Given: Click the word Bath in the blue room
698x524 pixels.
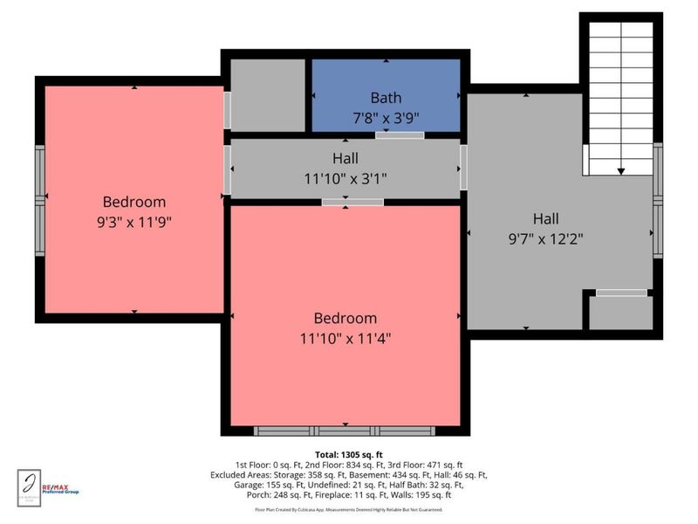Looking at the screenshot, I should point(386,98).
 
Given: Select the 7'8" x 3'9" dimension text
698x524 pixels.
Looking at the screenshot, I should point(386,116).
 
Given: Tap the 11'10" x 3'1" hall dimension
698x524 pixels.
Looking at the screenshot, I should point(345,178).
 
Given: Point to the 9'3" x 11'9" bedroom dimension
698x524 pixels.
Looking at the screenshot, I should point(133,222).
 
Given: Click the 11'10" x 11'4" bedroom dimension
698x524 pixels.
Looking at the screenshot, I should point(345,337).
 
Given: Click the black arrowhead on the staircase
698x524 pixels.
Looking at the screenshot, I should point(621,171).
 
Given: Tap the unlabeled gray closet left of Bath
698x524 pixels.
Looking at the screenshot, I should point(267,95).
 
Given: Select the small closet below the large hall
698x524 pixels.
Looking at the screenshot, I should point(620,313).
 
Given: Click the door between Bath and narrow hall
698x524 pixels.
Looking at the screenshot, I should point(400,135).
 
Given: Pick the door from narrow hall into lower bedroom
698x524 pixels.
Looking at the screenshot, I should point(352,203).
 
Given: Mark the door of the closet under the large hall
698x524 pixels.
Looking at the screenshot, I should point(622,293).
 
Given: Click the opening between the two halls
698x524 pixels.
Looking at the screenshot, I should point(464,167).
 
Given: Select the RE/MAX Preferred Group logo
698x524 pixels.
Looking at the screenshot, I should point(61,488).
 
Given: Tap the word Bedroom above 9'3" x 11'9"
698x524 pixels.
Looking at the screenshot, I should point(133,203).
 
